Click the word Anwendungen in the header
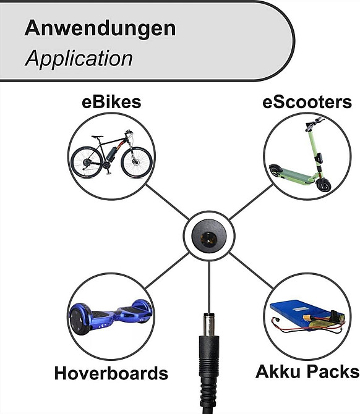[100, 29]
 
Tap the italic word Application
[79, 59]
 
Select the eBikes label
[111, 102]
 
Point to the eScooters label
[307, 102]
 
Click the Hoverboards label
[111, 373]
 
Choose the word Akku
[278, 371]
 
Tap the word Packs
[333, 371]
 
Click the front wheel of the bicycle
[137, 163]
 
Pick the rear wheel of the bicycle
[87, 162]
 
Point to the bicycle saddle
[97, 137]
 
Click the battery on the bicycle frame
[111, 154]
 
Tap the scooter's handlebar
[314, 124]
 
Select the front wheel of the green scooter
[324, 185]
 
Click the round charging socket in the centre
[209, 236]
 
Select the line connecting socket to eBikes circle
[168, 202]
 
